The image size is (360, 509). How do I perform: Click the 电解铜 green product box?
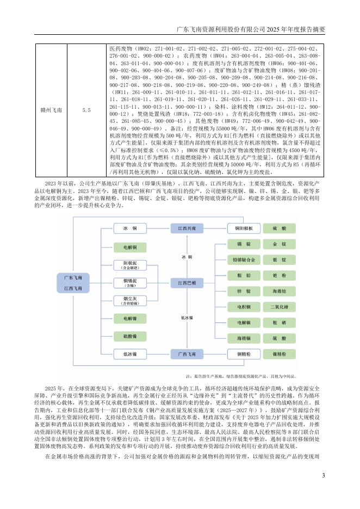(131, 247)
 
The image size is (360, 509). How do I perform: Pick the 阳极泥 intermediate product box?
(131, 265)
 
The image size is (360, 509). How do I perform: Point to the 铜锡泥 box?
(131, 283)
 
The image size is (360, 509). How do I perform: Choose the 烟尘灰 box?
(131, 301)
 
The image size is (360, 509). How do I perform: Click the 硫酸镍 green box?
(131, 337)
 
